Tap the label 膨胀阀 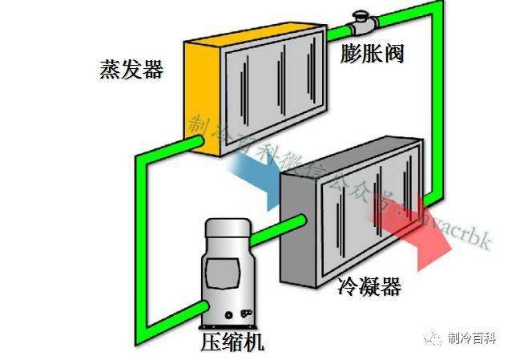tap(371, 54)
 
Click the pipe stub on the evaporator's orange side tap(193, 142)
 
